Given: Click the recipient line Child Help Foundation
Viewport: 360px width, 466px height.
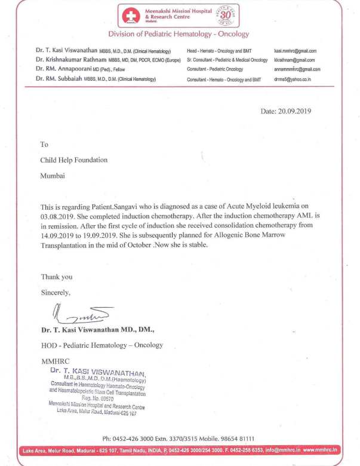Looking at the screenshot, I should tap(73, 160).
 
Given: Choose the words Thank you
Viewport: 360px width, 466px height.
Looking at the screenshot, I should tap(56, 277).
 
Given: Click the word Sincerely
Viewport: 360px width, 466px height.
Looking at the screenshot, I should tap(56, 293).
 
